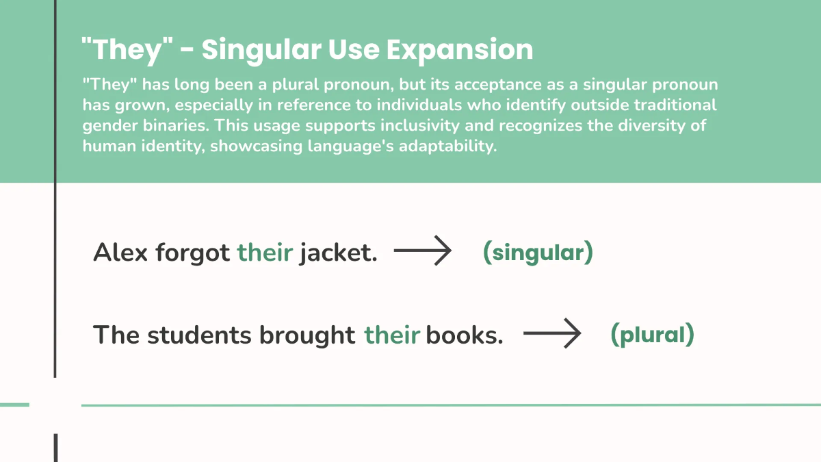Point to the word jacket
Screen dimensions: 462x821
click(x=338, y=253)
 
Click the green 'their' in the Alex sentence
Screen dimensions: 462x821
click(x=265, y=253)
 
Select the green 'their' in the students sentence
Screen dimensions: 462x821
click(x=391, y=335)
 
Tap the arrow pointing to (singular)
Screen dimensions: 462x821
click(x=423, y=252)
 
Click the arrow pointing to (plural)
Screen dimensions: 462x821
click(x=551, y=335)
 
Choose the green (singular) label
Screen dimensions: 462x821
click(x=538, y=253)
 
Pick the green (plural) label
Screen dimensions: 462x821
click(x=652, y=335)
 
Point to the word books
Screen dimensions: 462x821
click(x=465, y=335)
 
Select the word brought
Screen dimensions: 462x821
click(x=307, y=335)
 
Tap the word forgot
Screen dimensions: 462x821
click(x=192, y=253)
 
